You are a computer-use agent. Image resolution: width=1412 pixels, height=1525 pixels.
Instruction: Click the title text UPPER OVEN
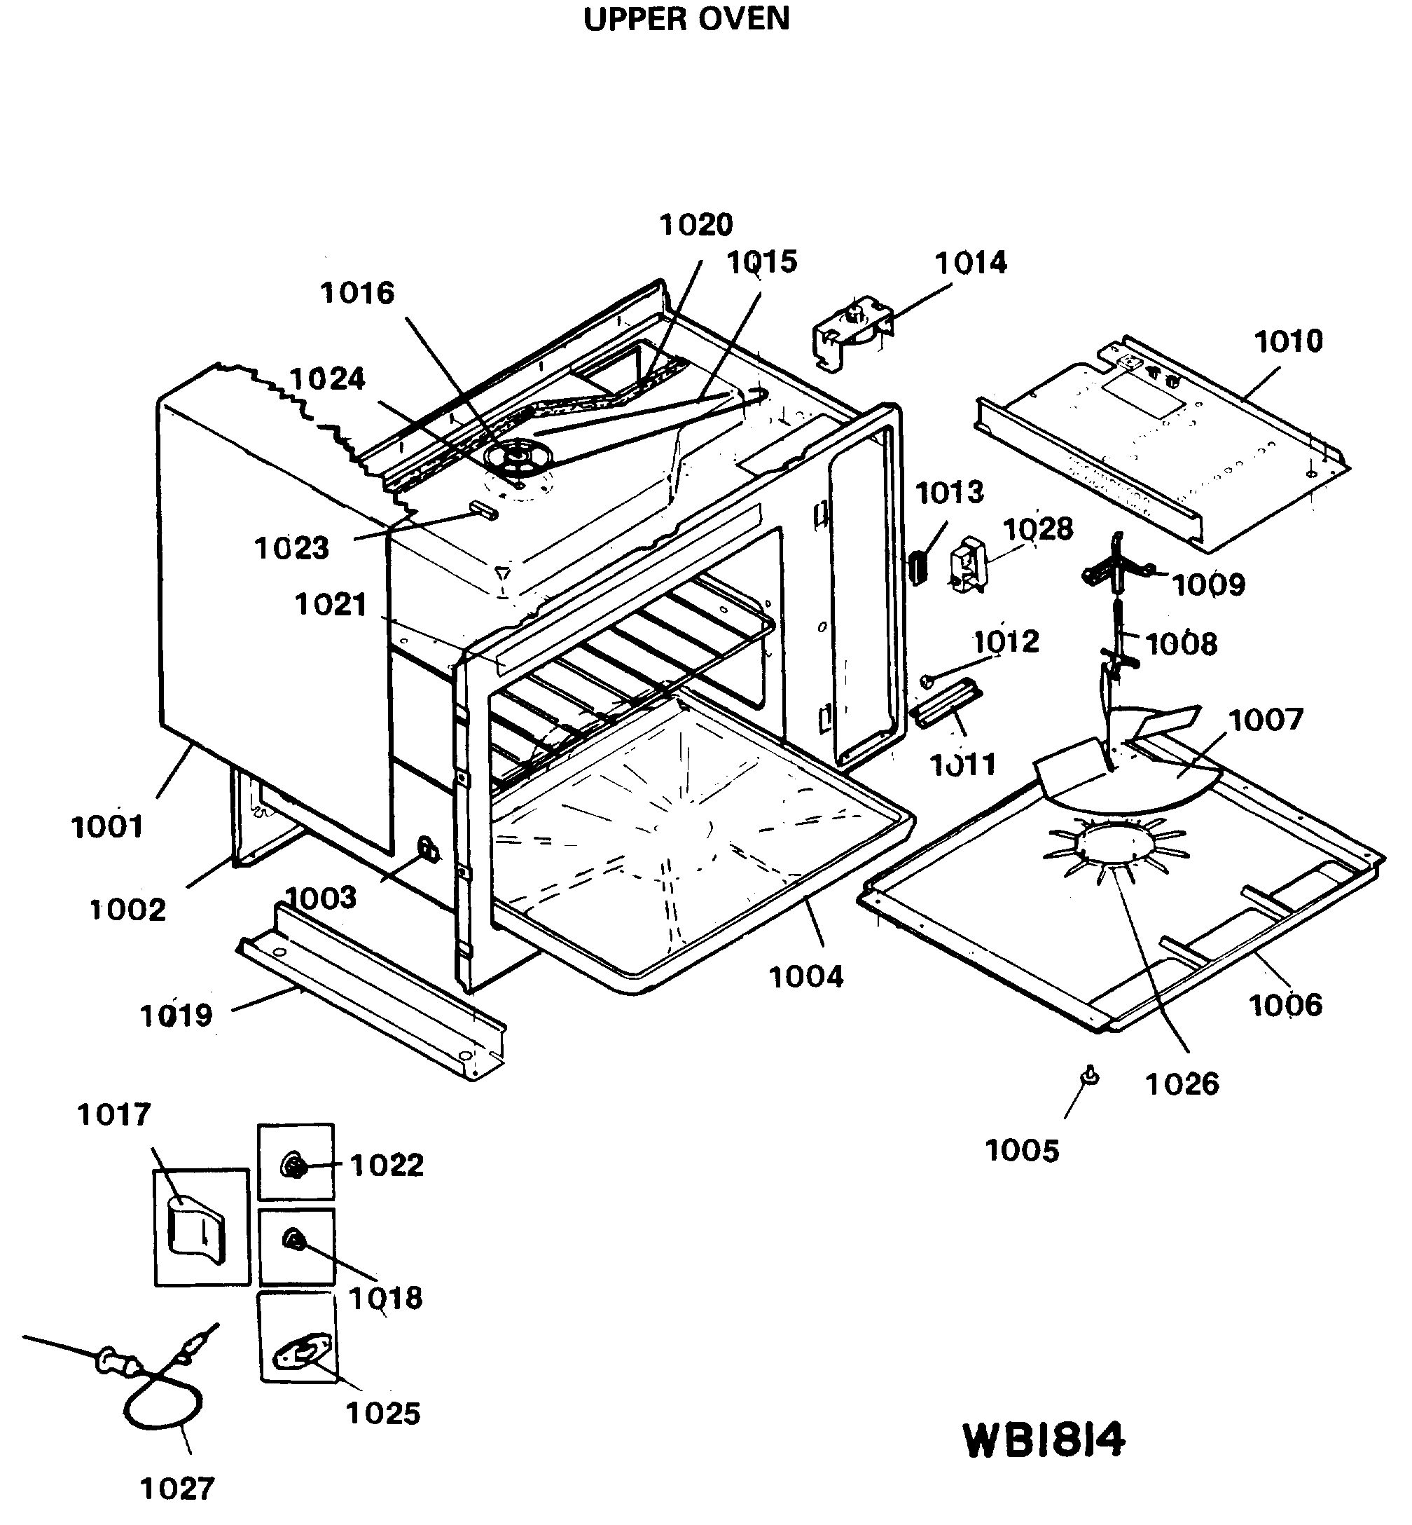pyautogui.click(x=686, y=18)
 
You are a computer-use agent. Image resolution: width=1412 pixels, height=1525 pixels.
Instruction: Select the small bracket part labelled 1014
pyautogui.click(x=850, y=334)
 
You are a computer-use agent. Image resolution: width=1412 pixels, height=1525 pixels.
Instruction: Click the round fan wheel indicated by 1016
pyautogui.click(x=519, y=456)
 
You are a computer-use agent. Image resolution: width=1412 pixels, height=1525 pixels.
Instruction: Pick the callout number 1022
pyautogui.click(x=386, y=1165)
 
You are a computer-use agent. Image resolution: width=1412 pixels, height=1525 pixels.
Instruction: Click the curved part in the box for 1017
pyautogui.click(x=196, y=1231)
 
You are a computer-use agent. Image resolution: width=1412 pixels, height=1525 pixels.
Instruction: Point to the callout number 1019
pyautogui.click(x=176, y=1016)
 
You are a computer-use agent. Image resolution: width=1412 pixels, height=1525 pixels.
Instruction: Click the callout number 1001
pyautogui.click(x=107, y=827)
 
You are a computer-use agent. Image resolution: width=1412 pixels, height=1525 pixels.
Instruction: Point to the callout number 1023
pyautogui.click(x=291, y=548)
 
